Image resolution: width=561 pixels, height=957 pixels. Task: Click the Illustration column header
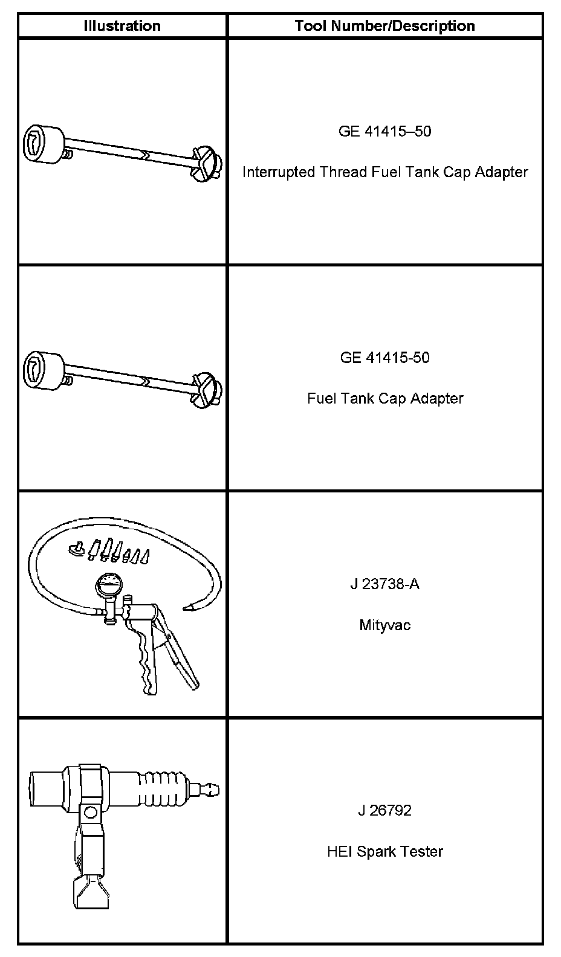click(x=122, y=26)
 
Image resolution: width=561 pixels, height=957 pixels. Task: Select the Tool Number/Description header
click(x=384, y=26)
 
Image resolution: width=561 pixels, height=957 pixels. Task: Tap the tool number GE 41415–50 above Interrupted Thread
click(x=384, y=131)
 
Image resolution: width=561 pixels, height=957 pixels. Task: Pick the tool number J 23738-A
click(x=384, y=584)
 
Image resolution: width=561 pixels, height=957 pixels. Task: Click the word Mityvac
click(x=384, y=625)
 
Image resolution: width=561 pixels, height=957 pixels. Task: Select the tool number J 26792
click(x=384, y=810)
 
